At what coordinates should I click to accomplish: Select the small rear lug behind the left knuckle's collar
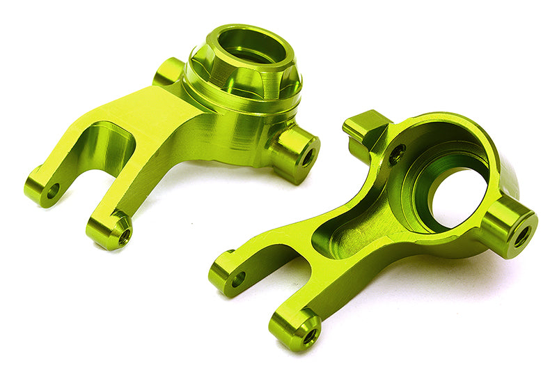click(x=168, y=71)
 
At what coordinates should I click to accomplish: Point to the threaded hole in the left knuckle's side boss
click(x=306, y=157)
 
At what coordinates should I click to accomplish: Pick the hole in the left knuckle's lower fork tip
click(x=124, y=237)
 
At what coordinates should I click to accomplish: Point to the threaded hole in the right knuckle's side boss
click(x=521, y=236)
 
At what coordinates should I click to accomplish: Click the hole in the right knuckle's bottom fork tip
click(x=308, y=336)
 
